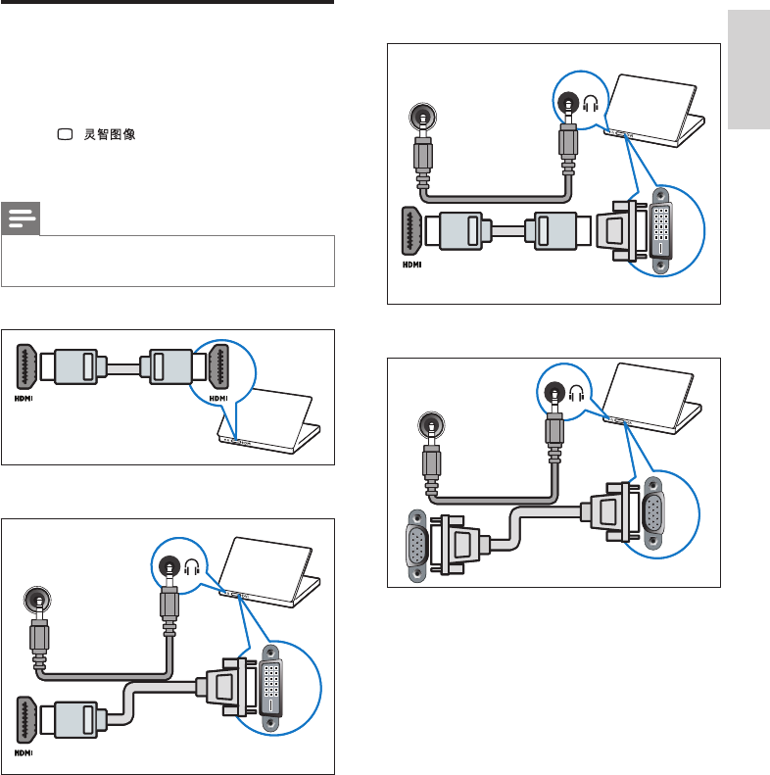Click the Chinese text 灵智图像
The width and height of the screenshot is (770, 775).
point(109,134)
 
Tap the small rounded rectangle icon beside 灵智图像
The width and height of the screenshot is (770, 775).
point(66,134)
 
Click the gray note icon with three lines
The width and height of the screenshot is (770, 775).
point(21,218)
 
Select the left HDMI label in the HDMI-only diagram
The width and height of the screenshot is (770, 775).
point(24,399)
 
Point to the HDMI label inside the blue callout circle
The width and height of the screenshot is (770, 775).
point(218,399)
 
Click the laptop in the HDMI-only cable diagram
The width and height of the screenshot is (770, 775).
point(268,420)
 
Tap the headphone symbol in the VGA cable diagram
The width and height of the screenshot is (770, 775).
point(576,394)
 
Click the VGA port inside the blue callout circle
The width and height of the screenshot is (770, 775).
point(652,512)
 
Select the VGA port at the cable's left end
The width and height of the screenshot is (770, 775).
point(416,546)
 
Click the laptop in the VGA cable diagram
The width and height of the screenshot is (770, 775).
point(652,399)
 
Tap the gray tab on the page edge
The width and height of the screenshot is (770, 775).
point(748,70)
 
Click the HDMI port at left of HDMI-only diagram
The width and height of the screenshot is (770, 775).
point(26,366)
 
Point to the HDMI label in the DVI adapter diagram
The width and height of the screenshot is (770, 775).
point(412,265)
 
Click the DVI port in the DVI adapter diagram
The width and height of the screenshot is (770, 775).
point(661,230)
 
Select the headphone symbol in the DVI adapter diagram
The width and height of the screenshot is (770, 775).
point(590,104)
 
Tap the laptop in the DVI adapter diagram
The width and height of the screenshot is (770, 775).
point(655,111)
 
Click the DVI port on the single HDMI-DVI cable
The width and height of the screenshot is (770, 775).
point(270,689)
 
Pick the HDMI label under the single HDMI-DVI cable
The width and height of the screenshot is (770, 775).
point(24,753)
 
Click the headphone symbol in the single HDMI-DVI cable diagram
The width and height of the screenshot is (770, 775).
point(192,567)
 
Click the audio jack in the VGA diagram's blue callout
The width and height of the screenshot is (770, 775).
point(554,393)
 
